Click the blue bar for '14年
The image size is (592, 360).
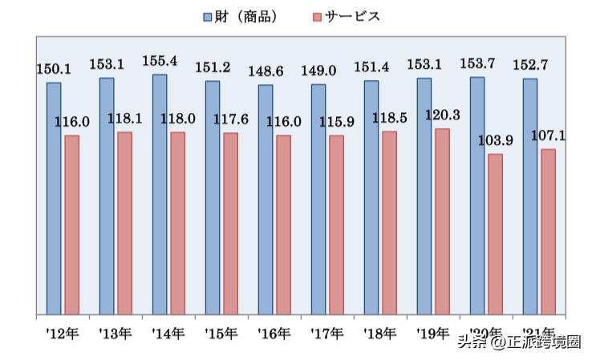pyautogui.click(x=160, y=194)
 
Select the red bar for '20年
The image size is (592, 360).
pyautogui.click(x=495, y=233)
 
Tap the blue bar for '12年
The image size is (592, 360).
pyautogui.click(x=54, y=198)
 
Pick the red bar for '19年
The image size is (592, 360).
pyautogui.click(x=442, y=220)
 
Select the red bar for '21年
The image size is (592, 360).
pyautogui.click(x=548, y=231)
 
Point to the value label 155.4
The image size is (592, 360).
pyautogui.click(x=160, y=62)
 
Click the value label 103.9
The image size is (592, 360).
pyautogui.click(x=495, y=141)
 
